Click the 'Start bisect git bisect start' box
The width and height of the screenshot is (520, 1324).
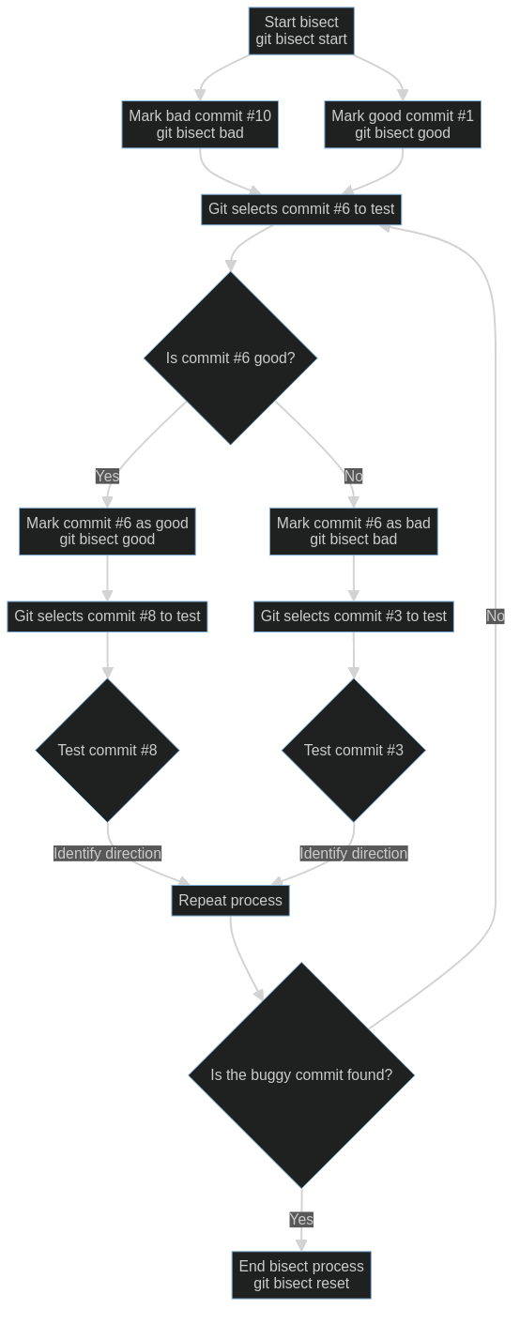click(301, 31)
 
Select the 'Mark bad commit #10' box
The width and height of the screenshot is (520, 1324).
click(200, 124)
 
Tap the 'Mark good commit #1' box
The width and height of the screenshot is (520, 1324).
click(403, 124)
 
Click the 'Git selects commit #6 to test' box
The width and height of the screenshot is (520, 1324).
click(301, 209)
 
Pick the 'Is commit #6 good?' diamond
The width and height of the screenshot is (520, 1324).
click(231, 358)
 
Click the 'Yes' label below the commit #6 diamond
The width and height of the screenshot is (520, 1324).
click(107, 476)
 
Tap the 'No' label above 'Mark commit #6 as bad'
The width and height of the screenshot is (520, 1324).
click(353, 476)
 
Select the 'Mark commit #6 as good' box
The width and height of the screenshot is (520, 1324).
click(107, 531)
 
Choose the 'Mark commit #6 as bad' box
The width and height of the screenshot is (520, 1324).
click(354, 531)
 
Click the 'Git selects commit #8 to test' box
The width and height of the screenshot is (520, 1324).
click(107, 616)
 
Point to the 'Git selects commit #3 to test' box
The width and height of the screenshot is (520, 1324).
click(354, 616)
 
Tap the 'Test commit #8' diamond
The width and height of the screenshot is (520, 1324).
click(107, 750)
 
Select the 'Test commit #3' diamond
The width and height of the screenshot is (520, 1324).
click(354, 750)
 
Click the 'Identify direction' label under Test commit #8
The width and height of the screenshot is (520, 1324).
click(107, 854)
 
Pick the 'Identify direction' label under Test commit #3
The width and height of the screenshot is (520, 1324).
click(354, 854)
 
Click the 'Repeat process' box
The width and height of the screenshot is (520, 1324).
click(231, 901)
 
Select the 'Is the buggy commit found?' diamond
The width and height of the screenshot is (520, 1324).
click(301, 1075)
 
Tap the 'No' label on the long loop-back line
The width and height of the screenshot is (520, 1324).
click(496, 616)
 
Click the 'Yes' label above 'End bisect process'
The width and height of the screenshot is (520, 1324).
click(301, 1220)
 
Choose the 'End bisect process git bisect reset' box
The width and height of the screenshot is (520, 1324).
click(301, 1275)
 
